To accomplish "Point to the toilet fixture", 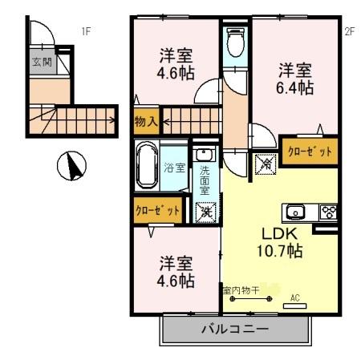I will pyautogui.click(x=236, y=42).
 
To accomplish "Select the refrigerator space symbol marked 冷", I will pyautogui.click(x=265, y=164).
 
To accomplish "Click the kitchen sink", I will pyautogui.click(x=295, y=212).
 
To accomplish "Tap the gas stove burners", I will pyautogui.click(x=328, y=212).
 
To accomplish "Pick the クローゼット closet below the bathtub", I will pyautogui.click(x=157, y=210).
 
